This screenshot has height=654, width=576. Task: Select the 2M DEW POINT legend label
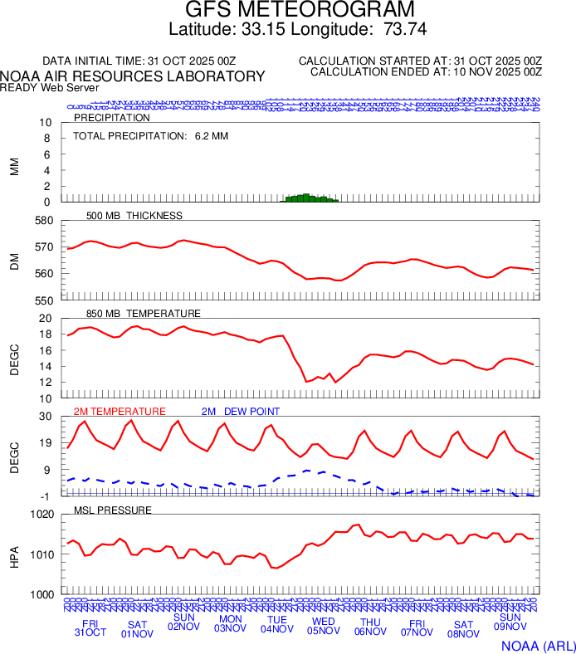pos(241,412)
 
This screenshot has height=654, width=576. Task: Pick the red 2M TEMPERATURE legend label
pos(120,412)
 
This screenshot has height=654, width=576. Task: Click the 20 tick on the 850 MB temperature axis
pos(46,319)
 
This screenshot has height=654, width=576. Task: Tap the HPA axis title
pos(14,554)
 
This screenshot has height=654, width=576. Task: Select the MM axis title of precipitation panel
pos(14,166)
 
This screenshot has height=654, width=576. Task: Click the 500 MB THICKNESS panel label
pos(134,216)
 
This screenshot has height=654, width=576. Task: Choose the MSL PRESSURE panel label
pos(113,510)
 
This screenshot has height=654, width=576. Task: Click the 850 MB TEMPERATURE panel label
pos(144,314)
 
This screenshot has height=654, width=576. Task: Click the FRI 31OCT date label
pos(90,628)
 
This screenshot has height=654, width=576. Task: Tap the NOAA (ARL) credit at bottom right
pos(538,645)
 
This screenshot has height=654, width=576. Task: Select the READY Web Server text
pos(50,87)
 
